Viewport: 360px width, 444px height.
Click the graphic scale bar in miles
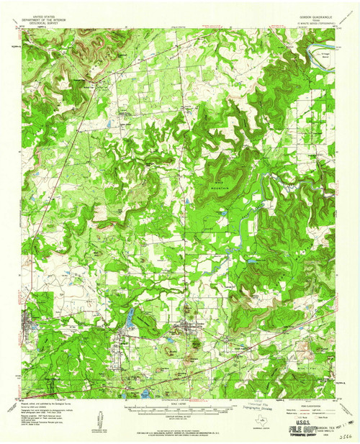[x=180, y=405]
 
